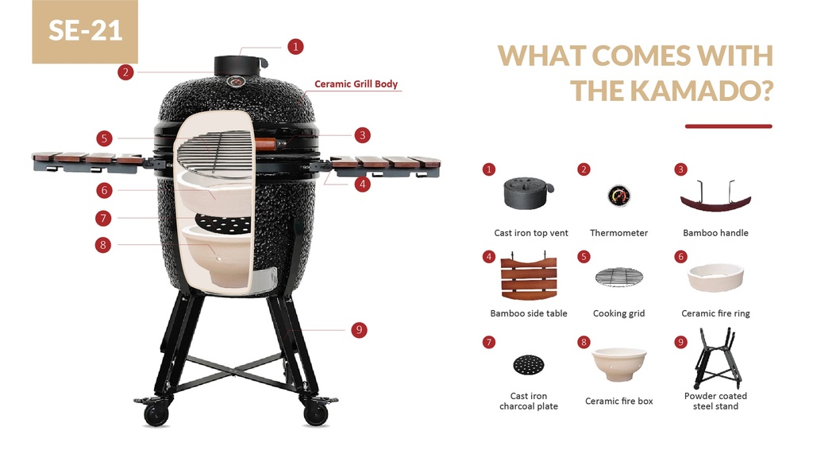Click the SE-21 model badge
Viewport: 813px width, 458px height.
[x=85, y=31]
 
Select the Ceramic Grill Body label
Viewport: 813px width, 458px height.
[x=356, y=83]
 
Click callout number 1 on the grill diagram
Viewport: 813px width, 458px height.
[x=295, y=46]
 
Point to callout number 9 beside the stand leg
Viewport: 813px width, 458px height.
[x=359, y=329]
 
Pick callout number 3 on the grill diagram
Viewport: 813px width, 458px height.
[x=362, y=135]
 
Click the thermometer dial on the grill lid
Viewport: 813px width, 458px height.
[x=237, y=80]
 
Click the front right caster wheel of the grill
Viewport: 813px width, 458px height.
[x=315, y=413]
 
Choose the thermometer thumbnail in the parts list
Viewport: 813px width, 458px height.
[x=619, y=196]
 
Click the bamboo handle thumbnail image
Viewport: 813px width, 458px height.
[x=715, y=196]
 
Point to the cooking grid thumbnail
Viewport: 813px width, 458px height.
[x=619, y=277]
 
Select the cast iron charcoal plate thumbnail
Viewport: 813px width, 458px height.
[x=528, y=365]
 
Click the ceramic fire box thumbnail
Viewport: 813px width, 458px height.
[x=619, y=363]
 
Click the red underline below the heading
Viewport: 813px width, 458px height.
[x=728, y=126]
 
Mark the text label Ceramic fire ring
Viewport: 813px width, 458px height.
[x=715, y=313]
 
